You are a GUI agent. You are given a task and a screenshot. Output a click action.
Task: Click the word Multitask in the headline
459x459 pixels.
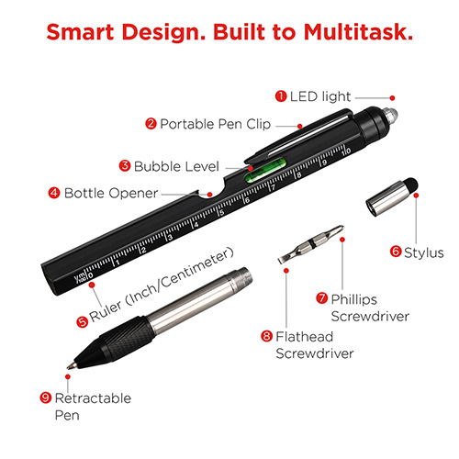pos(358,32)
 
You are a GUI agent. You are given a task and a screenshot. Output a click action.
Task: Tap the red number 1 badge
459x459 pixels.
pos(281,96)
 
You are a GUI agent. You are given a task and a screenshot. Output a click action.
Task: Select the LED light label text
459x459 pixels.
pos(320,96)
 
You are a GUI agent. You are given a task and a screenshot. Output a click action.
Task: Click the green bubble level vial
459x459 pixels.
pos(265,170)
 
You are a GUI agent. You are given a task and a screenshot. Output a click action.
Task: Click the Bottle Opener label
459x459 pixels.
pos(111,194)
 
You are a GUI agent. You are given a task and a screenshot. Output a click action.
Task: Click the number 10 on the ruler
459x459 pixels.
pos(346,151)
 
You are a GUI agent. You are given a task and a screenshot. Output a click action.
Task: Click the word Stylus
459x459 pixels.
pos(424,252)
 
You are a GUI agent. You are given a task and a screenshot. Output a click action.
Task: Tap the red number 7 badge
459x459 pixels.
pos(321,297)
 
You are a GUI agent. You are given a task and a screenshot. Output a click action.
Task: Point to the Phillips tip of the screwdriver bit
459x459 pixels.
pos(339,229)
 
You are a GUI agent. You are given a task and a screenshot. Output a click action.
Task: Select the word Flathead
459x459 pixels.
pos(305,337)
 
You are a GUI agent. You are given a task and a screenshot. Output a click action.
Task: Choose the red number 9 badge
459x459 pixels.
pos(46,397)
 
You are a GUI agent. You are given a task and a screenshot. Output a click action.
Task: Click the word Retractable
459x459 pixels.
pos(93,398)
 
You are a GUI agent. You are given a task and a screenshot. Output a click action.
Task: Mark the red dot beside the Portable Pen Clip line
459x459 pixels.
pos(300,126)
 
